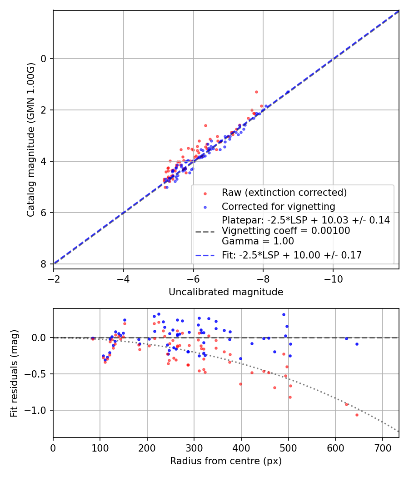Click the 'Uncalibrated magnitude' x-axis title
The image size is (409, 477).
click(226, 292)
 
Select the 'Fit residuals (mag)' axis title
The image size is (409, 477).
click(14, 373)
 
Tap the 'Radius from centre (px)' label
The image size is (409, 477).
click(226, 461)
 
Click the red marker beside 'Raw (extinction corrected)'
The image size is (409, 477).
click(204, 193)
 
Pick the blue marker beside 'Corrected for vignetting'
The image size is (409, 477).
click(204, 207)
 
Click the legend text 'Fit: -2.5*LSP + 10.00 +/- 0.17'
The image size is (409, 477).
click(292, 255)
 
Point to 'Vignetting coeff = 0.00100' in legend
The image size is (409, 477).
click(286, 231)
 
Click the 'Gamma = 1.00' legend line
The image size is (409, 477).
click(258, 241)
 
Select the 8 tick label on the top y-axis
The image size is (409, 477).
click(44, 264)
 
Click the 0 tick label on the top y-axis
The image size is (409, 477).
click(44, 59)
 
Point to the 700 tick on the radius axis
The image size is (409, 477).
click(382, 447)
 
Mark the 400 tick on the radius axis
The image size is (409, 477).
click(241, 447)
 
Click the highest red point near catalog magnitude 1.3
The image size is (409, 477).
click(256, 92)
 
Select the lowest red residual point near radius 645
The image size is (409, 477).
click(357, 415)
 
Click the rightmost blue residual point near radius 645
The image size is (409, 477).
click(357, 344)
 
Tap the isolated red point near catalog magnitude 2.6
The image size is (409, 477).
click(205, 125)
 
